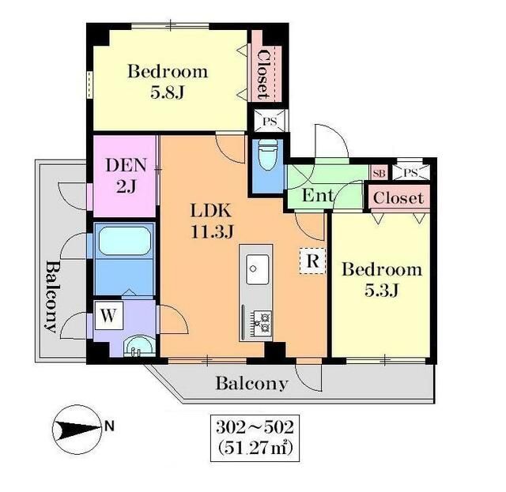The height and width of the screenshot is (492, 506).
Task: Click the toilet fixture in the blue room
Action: pyautogui.click(x=268, y=155)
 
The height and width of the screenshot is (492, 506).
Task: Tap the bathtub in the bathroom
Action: pyautogui.click(x=125, y=241)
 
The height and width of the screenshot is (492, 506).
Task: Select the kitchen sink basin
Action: pyautogui.click(x=257, y=269)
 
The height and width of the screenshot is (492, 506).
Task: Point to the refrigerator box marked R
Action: pyautogui.click(x=312, y=261)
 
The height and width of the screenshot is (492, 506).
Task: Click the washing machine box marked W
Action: pyautogui.click(x=108, y=315)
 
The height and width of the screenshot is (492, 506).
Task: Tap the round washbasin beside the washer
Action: pyautogui.click(x=139, y=346)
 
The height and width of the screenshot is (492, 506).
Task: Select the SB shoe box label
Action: pyautogui.click(x=379, y=174)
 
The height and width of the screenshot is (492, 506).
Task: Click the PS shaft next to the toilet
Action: pyautogui.click(x=270, y=121)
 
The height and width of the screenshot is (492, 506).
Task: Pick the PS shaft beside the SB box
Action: pyautogui.click(x=410, y=172)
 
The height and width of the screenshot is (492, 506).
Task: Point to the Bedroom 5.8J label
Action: pyautogui.click(x=168, y=82)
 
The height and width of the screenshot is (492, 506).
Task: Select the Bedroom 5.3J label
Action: pyautogui.click(x=382, y=280)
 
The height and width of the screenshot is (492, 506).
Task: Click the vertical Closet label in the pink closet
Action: pyautogui.click(x=263, y=74)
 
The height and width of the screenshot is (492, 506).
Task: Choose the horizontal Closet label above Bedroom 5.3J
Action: pyautogui.click(x=398, y=198)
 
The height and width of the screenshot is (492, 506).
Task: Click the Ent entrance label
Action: pyautogui.click(x=318, y=195)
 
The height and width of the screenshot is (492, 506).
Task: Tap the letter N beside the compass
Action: pyautogui.click(x=110, y=426)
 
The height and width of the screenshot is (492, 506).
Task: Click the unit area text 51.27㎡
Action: pyautogui.click(x=255, y=448)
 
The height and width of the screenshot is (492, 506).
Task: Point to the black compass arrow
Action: pyautogui.click(x=77, y=429)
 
